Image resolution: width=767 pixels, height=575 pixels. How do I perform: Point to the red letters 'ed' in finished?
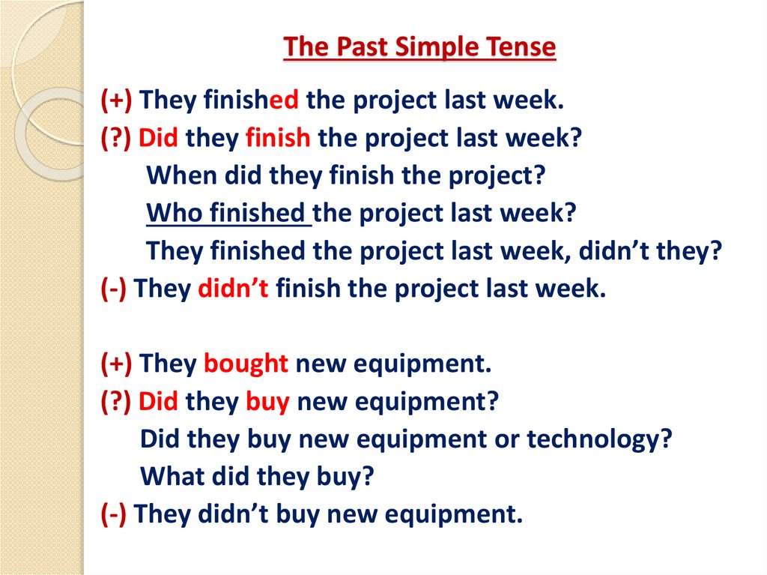tap(284, 100)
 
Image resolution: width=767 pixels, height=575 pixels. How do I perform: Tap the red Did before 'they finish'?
tap(159, 138)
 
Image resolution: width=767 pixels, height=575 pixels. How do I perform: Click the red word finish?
tap(277, 138)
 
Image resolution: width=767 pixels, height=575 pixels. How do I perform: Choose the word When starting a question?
tap(178, 175)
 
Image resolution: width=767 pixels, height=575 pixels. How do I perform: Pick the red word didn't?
tap(233, 289)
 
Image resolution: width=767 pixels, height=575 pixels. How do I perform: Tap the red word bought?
tap(246, 364)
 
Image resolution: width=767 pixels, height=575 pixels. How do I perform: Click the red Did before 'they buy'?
tap(159, 402)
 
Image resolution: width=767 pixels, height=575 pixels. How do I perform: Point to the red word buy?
tap(267, 402)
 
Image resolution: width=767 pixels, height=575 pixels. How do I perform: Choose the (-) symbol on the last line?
tap(116, 514)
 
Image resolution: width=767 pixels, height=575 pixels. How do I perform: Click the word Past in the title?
tap(357, 47)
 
